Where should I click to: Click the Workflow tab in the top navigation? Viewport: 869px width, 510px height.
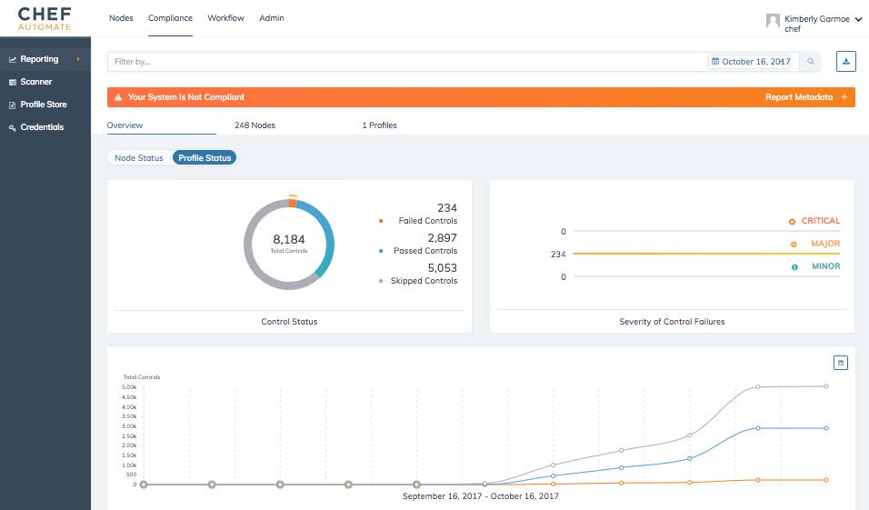click(x=225, y=18)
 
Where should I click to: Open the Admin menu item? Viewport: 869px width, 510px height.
click(x=270, y=18)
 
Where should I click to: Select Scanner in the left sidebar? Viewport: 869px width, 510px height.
click(x=36, y=82)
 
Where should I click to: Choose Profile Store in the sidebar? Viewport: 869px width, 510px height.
click(x=44, y=105)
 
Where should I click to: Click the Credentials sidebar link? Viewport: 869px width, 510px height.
click(x=42, y=127)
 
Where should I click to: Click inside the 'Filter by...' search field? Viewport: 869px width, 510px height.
click(x=400, y=62)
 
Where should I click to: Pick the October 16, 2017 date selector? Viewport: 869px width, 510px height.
click(x=752, y=62)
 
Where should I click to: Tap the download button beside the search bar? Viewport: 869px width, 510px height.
click(x=846, y=62)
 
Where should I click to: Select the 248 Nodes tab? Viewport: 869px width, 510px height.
click(x=255, y=125)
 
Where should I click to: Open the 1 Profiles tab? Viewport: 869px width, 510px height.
click(x=379, y=125)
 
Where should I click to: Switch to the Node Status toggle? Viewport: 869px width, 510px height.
click(x=139, y=158)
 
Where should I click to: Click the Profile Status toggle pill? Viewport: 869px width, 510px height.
click(x=205, y=158)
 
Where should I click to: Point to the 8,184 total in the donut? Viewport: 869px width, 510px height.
click(x=289, y=240)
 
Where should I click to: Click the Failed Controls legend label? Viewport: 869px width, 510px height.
click(x=427, y=221)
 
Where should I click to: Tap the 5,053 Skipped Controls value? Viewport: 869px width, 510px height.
click(x=442, y=268)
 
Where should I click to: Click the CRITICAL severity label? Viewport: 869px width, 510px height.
click(x=820, y=221)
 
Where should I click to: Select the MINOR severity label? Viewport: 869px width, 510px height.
click(x=825, y=266)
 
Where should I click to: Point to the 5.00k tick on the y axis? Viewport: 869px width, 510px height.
click(x=128, y=387)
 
